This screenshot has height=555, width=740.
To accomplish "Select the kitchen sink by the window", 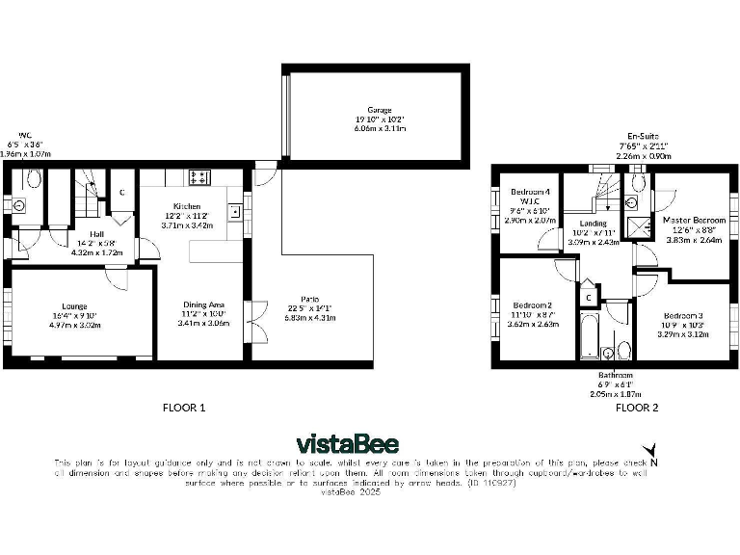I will [x=233, y=212].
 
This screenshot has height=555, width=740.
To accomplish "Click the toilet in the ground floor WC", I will [x=34, y=179].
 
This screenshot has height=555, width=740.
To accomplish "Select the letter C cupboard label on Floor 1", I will [x=121, y=191].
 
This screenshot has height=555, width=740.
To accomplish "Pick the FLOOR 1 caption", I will [x=184, y=408].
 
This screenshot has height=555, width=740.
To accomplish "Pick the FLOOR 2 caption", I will [x=637, y=408].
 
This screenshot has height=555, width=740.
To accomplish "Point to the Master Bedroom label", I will [x=694, y=220].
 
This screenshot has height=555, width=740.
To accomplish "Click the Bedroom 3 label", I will [x=682, y=315].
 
